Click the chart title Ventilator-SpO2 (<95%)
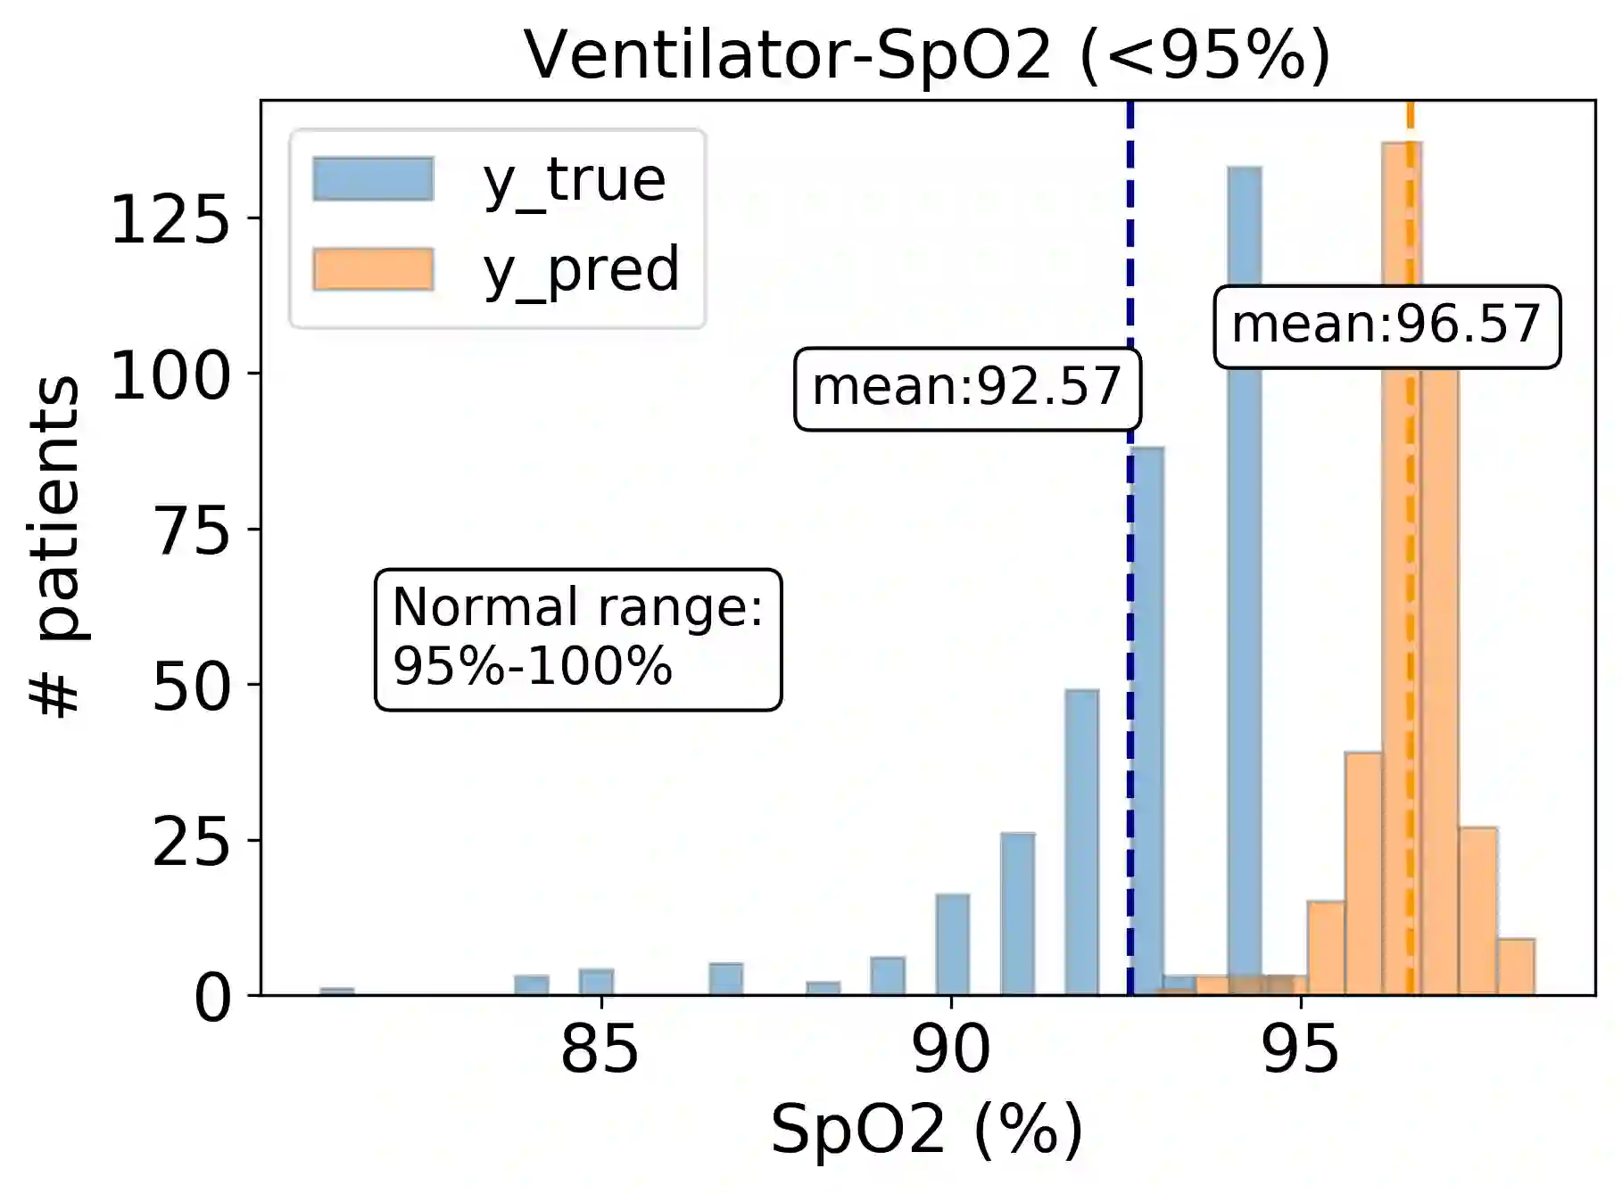point(927,55)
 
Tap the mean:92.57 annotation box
point(967,388)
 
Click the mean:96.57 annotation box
point(1386,325)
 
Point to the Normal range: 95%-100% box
point(578,638)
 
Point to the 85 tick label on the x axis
point(600,1050)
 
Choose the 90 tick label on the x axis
point(951,1050)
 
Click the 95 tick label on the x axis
point(1301,1050)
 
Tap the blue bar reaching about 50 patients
point(1081,842)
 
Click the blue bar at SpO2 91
point(1017,913)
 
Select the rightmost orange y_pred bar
point(1516,967)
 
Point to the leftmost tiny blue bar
point(336,991)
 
